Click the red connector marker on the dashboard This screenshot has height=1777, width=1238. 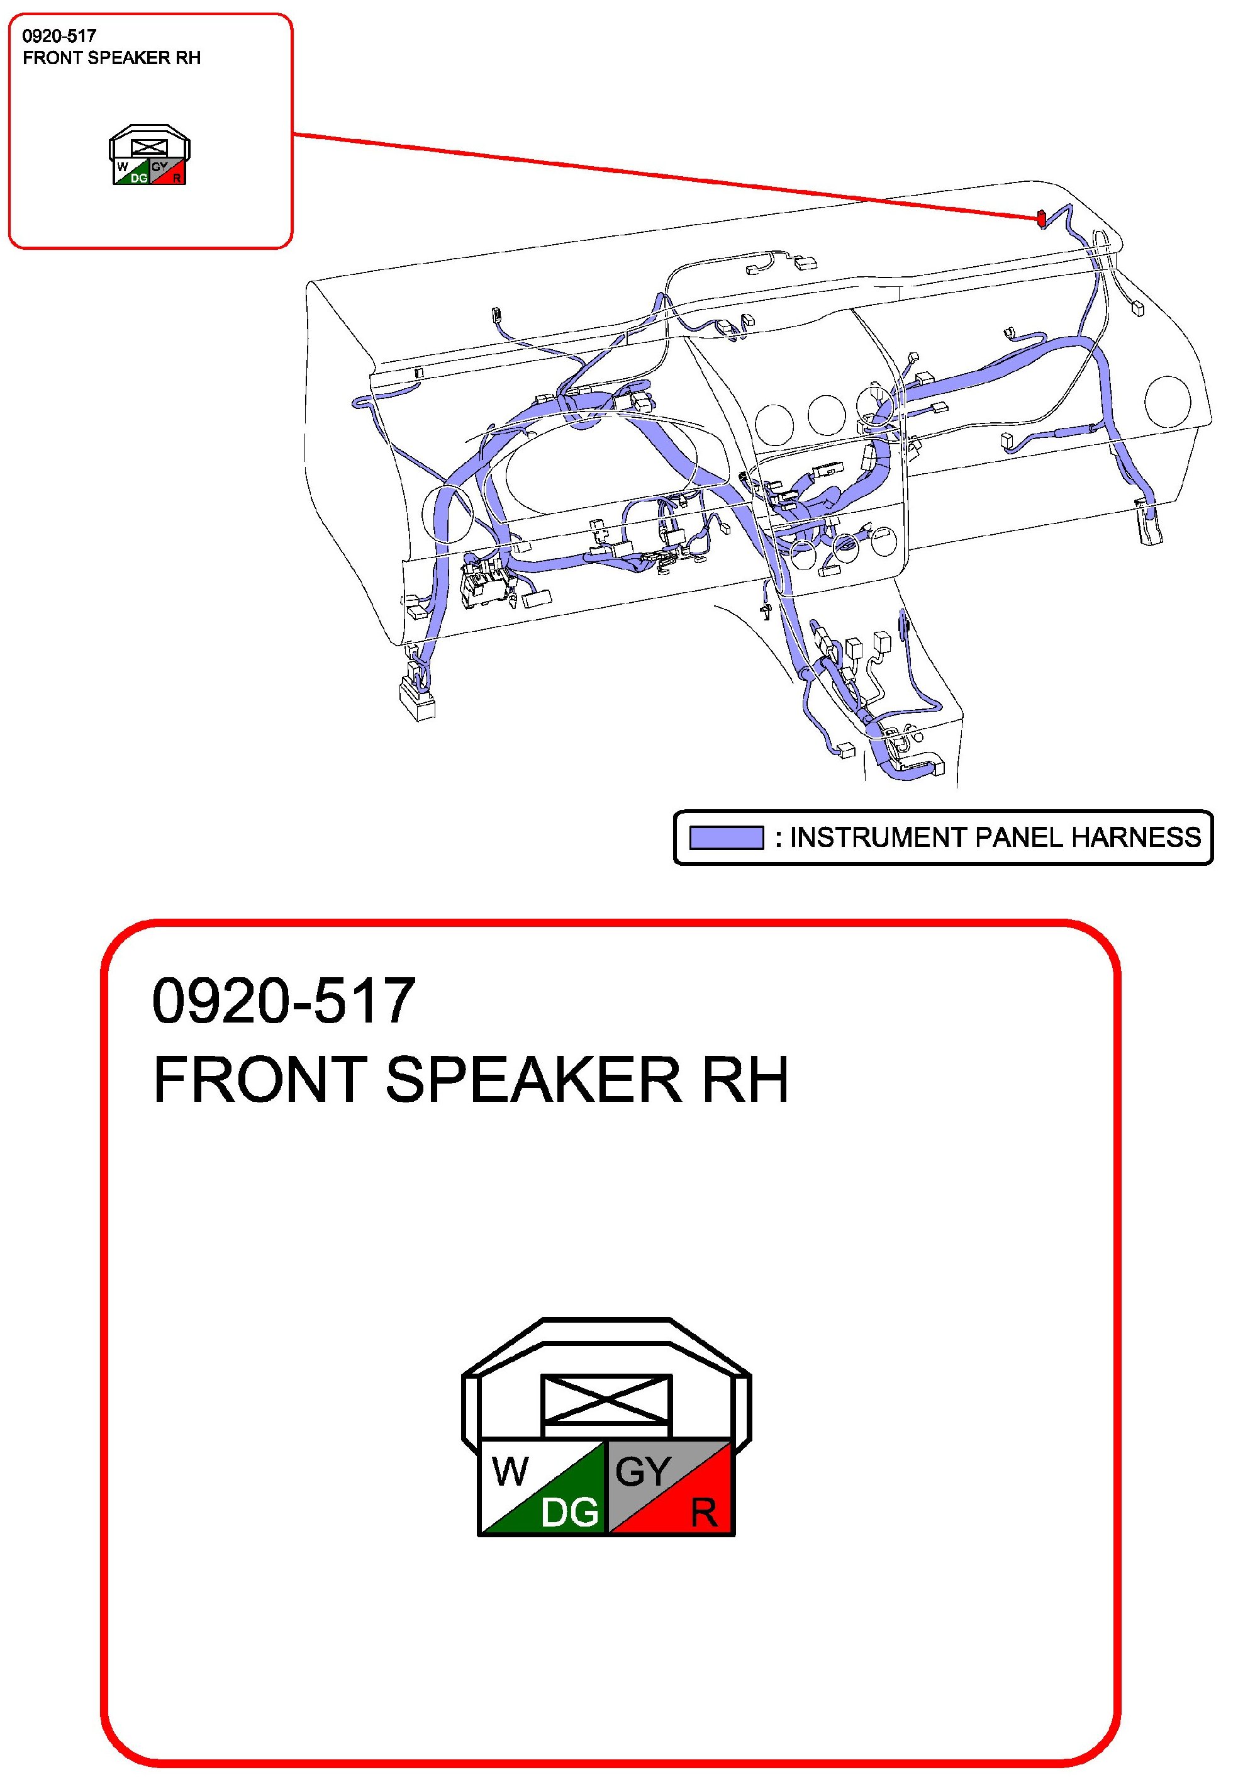[x=1042, y=219]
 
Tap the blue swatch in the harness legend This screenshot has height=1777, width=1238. [x=726, y=838]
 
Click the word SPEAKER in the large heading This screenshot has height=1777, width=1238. [x=533, y=1080]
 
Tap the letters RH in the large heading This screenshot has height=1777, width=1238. [x=745, y=1080]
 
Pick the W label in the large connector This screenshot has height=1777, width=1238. [x=510, y=1471]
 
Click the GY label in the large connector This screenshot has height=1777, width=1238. [x=642, y=1471]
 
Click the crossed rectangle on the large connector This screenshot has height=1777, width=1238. [x=606, y=1399]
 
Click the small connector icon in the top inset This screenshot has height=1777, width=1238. [x=149, y=155]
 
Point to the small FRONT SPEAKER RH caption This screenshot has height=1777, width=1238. [x=111, y=58]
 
